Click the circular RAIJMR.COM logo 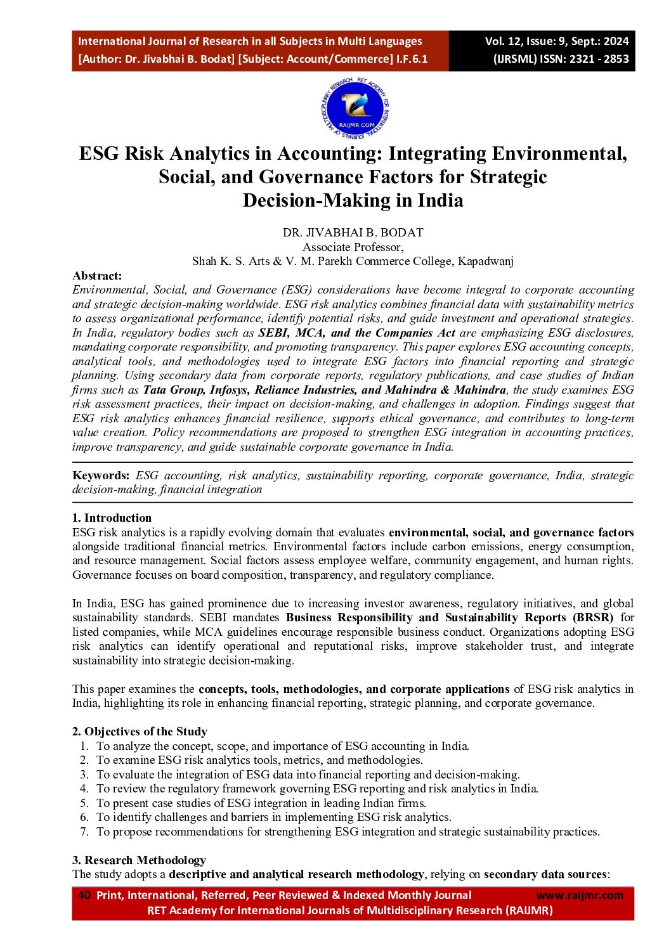pos(355,108)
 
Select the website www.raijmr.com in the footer pos(580,895)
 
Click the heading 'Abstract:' pos(97,276)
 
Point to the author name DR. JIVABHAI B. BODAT pos(353,233)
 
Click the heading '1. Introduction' pos(112,518)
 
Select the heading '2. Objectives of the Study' pos(140,732)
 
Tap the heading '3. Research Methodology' pos(139,860)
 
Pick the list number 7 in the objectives pos(84,832)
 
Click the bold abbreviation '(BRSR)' pos(593,617)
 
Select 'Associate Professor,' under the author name pos(353,247)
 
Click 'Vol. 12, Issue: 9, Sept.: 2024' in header pos(556,42)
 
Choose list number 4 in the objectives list pos(84,789)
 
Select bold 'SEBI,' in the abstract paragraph pos(273,333)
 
